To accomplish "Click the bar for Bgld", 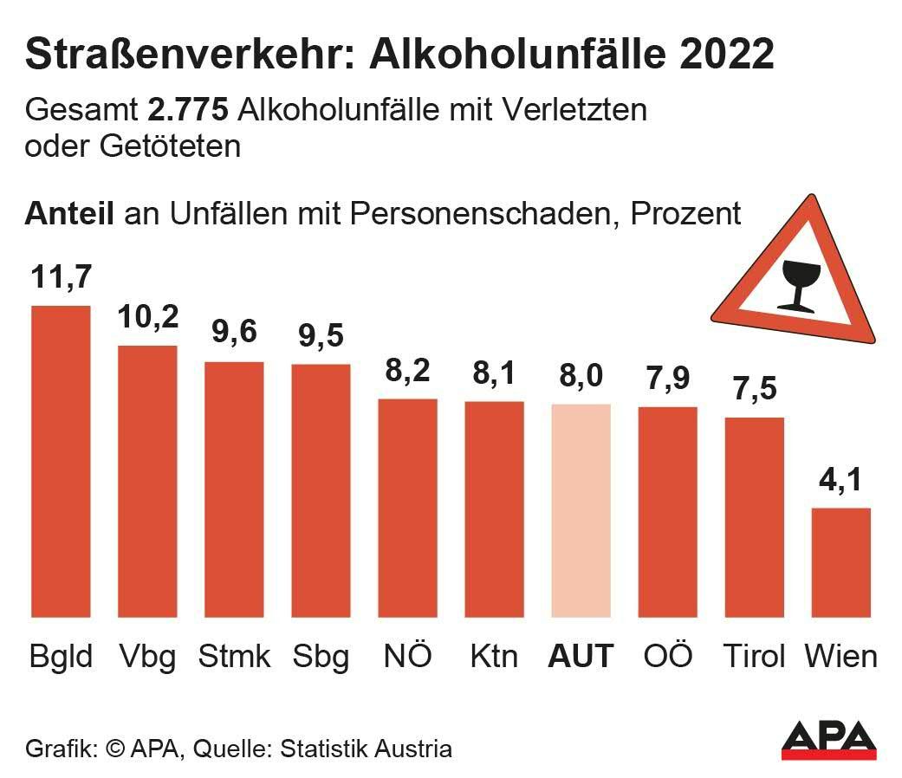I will [x=61, y=461].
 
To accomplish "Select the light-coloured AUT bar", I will [x=581, y=510].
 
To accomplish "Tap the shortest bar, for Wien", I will [x=840, y=562].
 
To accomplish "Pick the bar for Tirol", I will [x=754, y=517].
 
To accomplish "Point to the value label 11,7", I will [x=61, y=278].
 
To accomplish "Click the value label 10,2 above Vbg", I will [x=147, y=318].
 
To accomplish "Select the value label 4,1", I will [x=840, y=480].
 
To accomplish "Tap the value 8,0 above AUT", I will [x=581, y=377].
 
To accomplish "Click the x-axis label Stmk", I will [x=234, y=655].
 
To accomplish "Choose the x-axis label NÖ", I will [x=407, y=655].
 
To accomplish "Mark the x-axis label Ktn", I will [x=494, y=655].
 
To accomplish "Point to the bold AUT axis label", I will [x=581, y=655].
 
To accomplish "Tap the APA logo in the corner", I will [x=828, y=740].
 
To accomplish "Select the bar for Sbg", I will [x=321, y=490].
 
